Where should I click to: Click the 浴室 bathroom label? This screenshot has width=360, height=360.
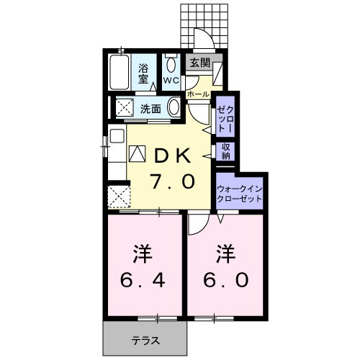145,70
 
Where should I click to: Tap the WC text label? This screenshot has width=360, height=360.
171,80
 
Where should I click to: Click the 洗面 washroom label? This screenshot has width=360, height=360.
150,109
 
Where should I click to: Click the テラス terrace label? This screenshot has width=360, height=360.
145,339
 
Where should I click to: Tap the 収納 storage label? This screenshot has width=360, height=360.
225,151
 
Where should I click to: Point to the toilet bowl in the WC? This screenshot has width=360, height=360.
171,63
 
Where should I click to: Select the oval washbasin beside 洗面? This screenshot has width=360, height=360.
175,108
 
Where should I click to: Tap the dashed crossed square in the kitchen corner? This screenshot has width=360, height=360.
117,197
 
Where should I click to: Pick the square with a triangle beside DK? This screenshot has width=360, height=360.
137,153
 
